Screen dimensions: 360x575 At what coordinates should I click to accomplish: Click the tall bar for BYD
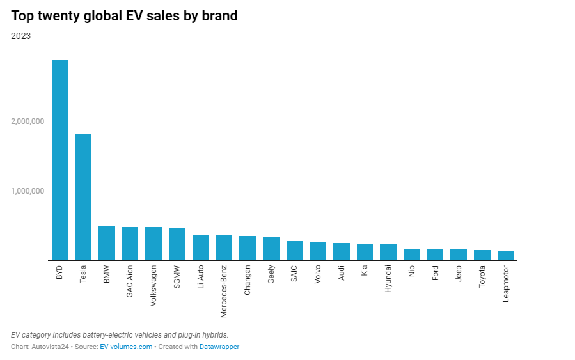(59, 160)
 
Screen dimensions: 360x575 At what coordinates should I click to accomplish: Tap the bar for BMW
(107, 243)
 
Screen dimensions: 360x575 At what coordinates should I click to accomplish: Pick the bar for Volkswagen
(154, 244)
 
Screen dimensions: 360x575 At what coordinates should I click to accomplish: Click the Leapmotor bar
(505, 256)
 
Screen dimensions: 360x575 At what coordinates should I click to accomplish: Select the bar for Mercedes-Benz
(224, 247)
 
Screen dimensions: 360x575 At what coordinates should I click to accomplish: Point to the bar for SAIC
(294, 251)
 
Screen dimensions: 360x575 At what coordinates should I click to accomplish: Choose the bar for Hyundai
(388, 252)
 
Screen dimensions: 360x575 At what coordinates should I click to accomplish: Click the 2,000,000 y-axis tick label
(28, 121)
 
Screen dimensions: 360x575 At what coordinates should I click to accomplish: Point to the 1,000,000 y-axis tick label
(28, 191)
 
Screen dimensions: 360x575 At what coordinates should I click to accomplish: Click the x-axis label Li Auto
(200, 280)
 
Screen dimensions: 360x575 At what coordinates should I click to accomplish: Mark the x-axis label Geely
(271, 278)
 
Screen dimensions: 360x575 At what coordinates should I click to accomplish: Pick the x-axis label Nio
(411, 274)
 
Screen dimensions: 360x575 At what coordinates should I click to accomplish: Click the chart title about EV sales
(124, 15)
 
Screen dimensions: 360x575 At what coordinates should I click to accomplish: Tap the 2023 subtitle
(20, 36)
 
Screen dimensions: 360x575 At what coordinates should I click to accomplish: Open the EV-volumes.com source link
(126, 347)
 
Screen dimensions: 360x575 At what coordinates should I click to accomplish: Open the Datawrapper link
(219, 347)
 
